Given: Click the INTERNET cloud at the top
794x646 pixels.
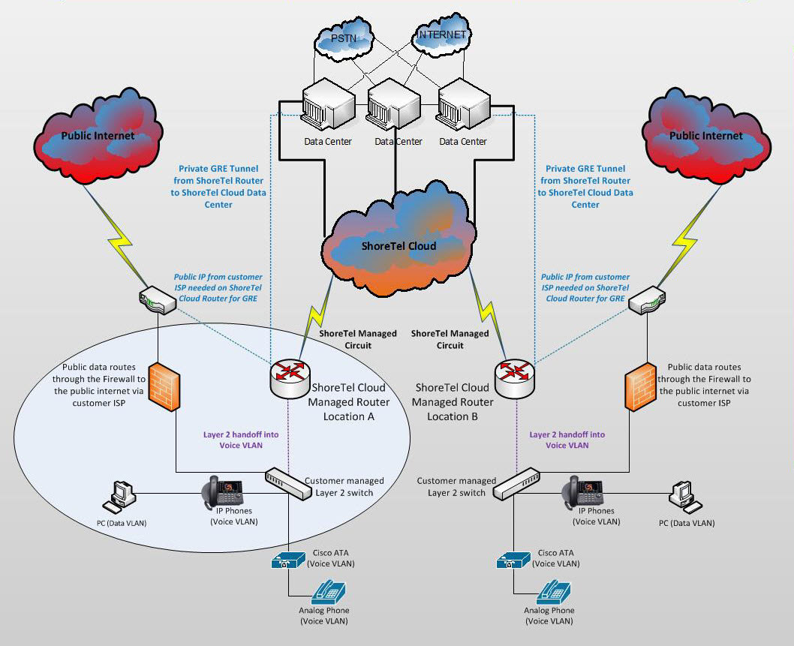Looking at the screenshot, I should pos(442,36).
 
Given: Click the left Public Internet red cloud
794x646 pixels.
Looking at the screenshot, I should pos(98,139).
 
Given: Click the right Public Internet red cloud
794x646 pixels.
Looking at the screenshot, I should pos(705,139).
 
